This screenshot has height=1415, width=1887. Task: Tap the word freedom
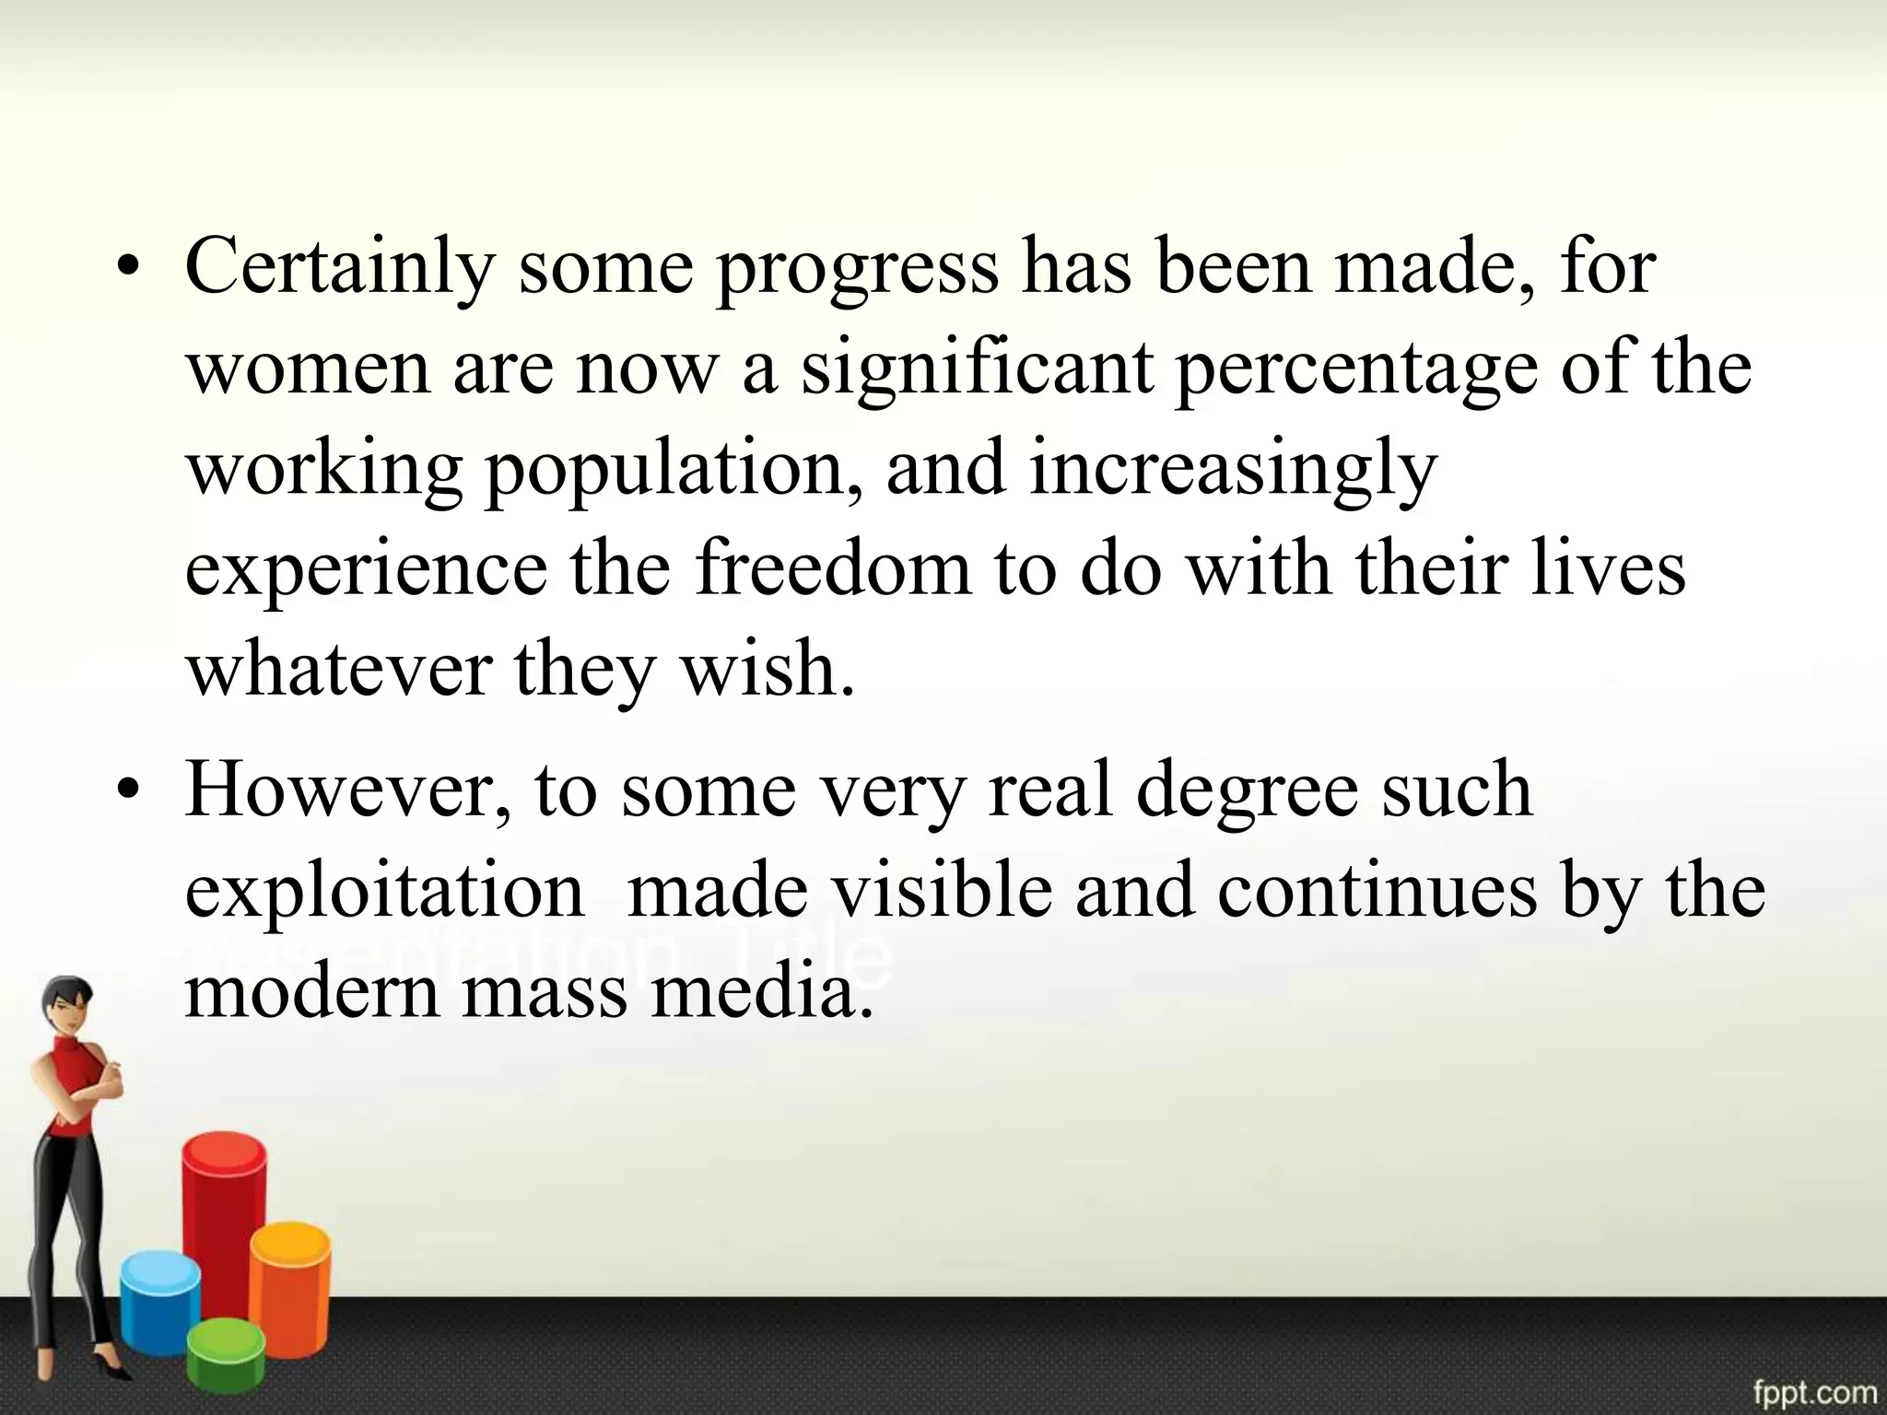click(833, 568)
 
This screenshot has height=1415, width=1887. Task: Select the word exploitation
click(385, 891)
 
